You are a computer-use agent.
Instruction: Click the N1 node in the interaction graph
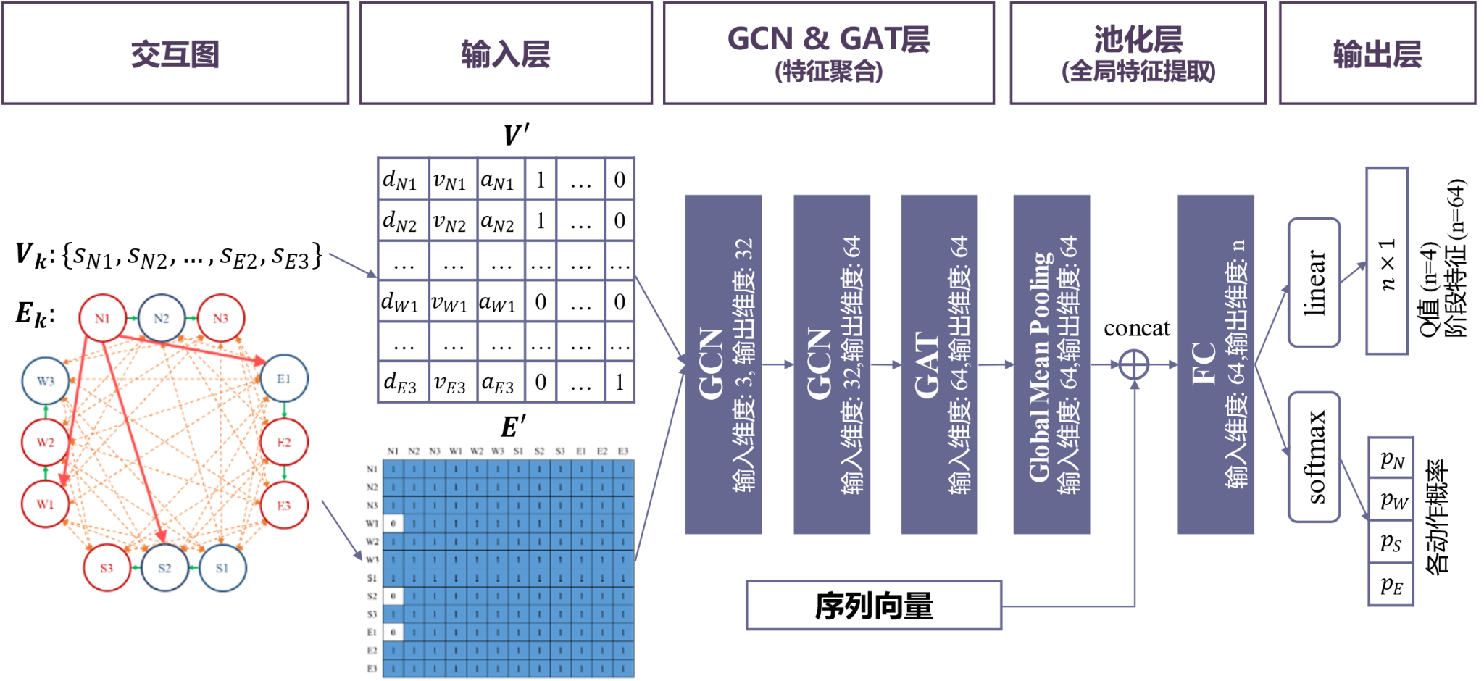[101, 317]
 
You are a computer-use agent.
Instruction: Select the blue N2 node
[161, 317]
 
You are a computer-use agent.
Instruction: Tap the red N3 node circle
[220, 317]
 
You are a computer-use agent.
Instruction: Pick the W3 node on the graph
[46, 381]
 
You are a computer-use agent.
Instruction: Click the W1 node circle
[46, 504]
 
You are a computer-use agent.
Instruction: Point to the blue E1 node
[283, 378]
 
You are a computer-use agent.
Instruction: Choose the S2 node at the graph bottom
[164, 567]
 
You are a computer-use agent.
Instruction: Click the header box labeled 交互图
[175, 54]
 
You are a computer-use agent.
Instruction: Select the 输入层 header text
[506, 54]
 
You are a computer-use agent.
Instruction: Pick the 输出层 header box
[1377, 54]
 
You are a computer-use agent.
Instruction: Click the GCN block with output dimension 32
[723, 364]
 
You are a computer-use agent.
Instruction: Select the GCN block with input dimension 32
[832, 364]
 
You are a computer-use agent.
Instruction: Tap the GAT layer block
[939, 364]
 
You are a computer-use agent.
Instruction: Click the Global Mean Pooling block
[1051, 364]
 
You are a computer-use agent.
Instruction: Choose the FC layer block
[1216, 364]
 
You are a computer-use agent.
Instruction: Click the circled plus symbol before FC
[1134, 364]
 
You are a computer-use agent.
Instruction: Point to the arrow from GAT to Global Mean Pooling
[996, 364]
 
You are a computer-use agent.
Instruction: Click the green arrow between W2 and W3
[46, 411]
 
